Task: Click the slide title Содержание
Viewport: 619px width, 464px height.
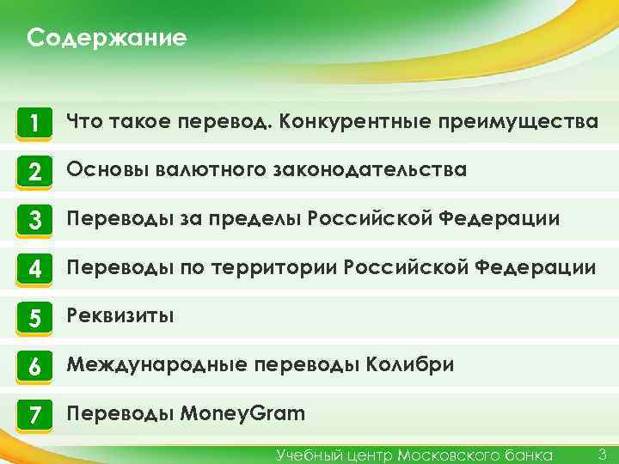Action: [107, 39]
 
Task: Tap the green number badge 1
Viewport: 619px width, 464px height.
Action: [34, 124]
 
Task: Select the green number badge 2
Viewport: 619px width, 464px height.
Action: [34, 172]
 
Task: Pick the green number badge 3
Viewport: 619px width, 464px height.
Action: [34, 221]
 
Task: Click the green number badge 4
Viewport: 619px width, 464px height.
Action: [34, 269]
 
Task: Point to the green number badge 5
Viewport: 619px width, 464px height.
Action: [34, 318]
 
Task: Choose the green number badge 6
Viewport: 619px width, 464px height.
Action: [34, 366]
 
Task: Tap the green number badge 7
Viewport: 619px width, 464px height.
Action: [34, 415]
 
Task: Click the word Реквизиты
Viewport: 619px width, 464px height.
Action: [120, 316]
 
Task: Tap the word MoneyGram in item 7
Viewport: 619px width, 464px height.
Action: [243, 414]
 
